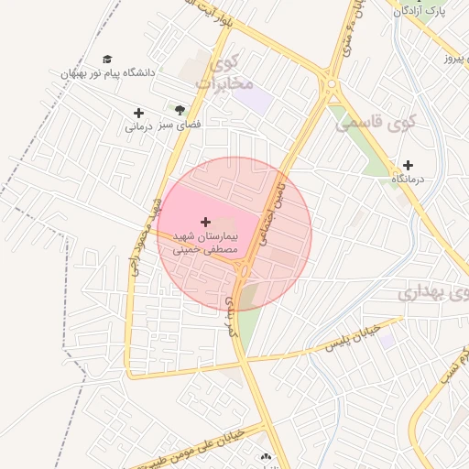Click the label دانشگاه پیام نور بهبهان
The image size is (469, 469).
(108, 72)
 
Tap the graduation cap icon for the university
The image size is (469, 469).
(107, 59)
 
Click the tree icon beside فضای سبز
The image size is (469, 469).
(180, 109)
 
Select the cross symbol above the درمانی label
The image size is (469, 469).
(138, 114)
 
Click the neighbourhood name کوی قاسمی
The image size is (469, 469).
(376, 122)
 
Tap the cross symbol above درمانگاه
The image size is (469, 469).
(408, 166)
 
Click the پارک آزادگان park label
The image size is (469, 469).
(422, 11)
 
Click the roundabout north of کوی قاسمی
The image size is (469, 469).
(331, 85)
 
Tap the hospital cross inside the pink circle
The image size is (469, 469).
(205, 222)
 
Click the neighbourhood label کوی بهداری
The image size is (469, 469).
(434, 294)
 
